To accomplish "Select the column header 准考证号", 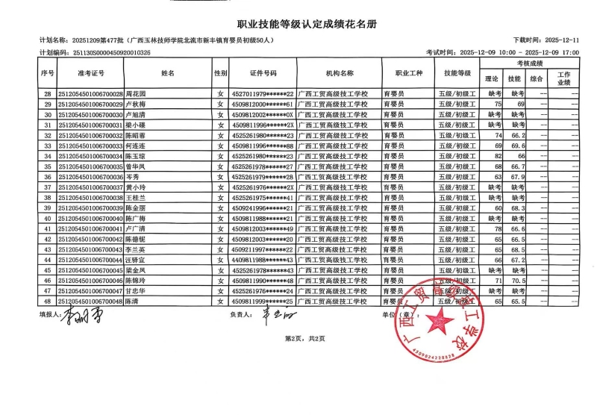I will pos(91,74).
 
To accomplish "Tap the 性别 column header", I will pos(220,74).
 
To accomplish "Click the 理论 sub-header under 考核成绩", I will pos(492,78).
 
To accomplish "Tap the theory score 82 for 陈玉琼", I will pos(497,156).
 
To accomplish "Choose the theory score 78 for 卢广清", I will pos(497,228).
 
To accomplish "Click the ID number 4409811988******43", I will pos(262,260).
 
